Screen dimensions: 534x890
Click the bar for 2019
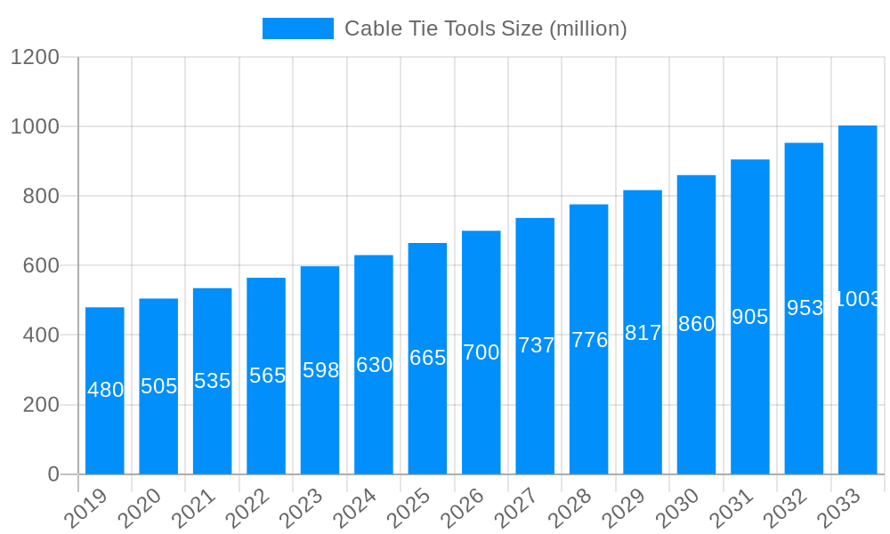105,391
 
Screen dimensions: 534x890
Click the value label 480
105,390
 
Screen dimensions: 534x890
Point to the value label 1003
858,299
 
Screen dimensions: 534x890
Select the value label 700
481,352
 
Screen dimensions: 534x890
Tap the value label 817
643,333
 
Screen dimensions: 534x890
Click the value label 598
320,370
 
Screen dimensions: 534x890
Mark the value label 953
805,308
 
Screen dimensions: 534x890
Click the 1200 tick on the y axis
35,58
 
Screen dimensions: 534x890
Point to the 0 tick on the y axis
53,474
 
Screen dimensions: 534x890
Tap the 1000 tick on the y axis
35,127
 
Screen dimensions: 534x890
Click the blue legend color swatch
297,28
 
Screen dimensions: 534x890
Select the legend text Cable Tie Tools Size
485,28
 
